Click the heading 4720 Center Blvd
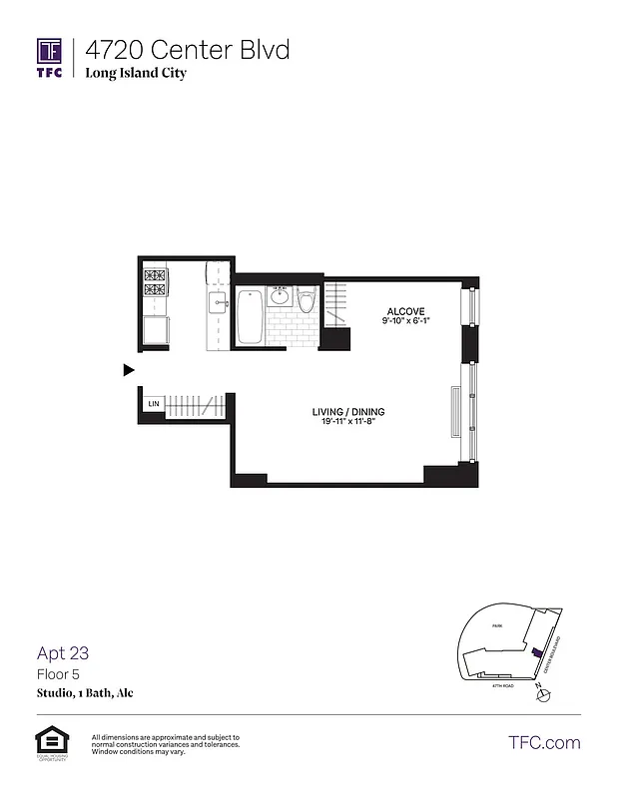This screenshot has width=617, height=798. pos(187,49)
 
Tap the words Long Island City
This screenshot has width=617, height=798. pos(135,73)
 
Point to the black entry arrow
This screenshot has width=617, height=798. pos(128,370)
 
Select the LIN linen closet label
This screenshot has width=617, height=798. pos(154,403)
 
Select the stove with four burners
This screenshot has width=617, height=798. pos(155,283)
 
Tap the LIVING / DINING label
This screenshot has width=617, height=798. pos(349,412)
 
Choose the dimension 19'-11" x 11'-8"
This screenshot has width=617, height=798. pos(349,422)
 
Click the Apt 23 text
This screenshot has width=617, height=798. pos(63,654)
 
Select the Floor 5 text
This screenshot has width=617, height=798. pos(57,674)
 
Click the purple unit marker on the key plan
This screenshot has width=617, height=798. pos(537,651)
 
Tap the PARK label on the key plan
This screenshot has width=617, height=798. pos(496,625)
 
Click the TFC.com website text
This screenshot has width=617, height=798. pos(544,742)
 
